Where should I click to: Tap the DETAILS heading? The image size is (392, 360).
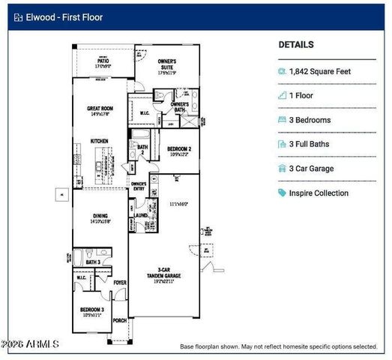[296, 45]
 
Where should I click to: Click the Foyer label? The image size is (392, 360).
[120, 283]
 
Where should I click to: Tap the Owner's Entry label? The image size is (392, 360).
[138, 185]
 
